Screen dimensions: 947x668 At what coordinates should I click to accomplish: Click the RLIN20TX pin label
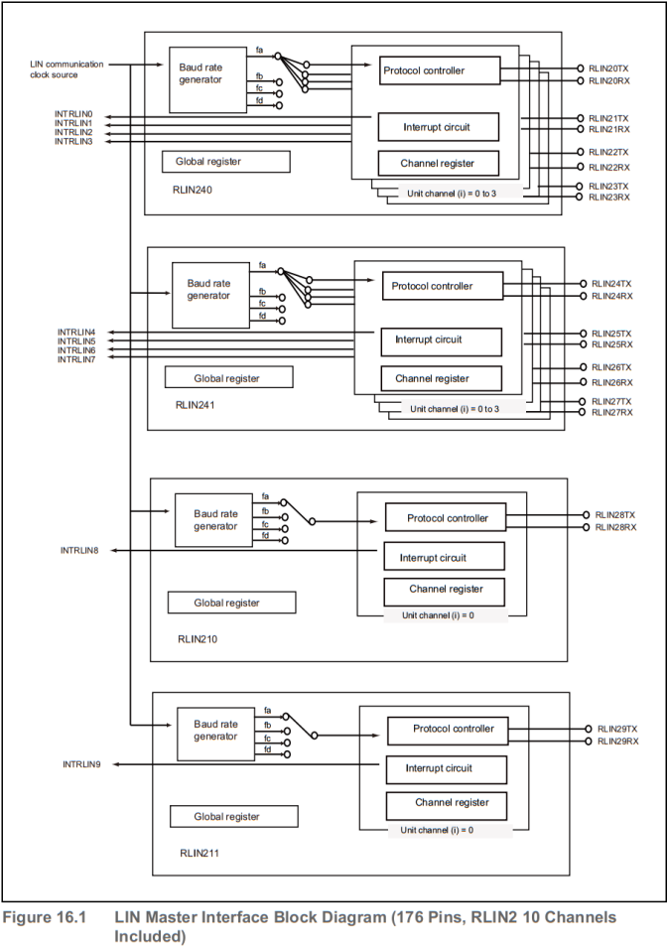click(608, 68)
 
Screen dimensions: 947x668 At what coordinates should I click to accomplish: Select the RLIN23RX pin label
click(608, 198)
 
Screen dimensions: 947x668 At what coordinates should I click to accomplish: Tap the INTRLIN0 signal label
click(73, 115)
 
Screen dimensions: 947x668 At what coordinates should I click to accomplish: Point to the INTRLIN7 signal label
click(76, 358)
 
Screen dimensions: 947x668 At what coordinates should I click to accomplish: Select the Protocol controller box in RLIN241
click(441, 286)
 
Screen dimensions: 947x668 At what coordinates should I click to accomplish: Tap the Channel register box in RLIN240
click(438, 163)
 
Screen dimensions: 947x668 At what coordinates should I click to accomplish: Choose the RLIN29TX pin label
click(617, 729)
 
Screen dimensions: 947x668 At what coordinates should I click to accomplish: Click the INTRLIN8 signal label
click(80, 549)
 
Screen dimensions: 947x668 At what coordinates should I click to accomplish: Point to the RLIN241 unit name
click(196, 405)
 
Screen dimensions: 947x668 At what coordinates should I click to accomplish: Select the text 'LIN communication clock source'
click(67, 69)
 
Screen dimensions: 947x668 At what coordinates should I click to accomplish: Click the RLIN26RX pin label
click(611, 382)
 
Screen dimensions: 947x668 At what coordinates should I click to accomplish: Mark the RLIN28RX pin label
click(615, 527)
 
